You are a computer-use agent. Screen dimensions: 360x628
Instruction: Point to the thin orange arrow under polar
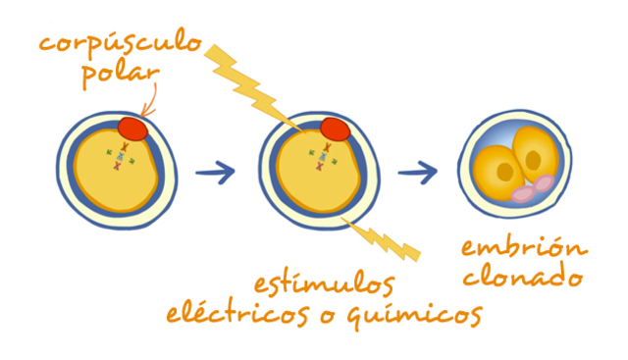point(148,101)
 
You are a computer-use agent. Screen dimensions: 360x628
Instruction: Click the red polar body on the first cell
point(133,128)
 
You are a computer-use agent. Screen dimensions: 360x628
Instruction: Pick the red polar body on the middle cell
point(335,129)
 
